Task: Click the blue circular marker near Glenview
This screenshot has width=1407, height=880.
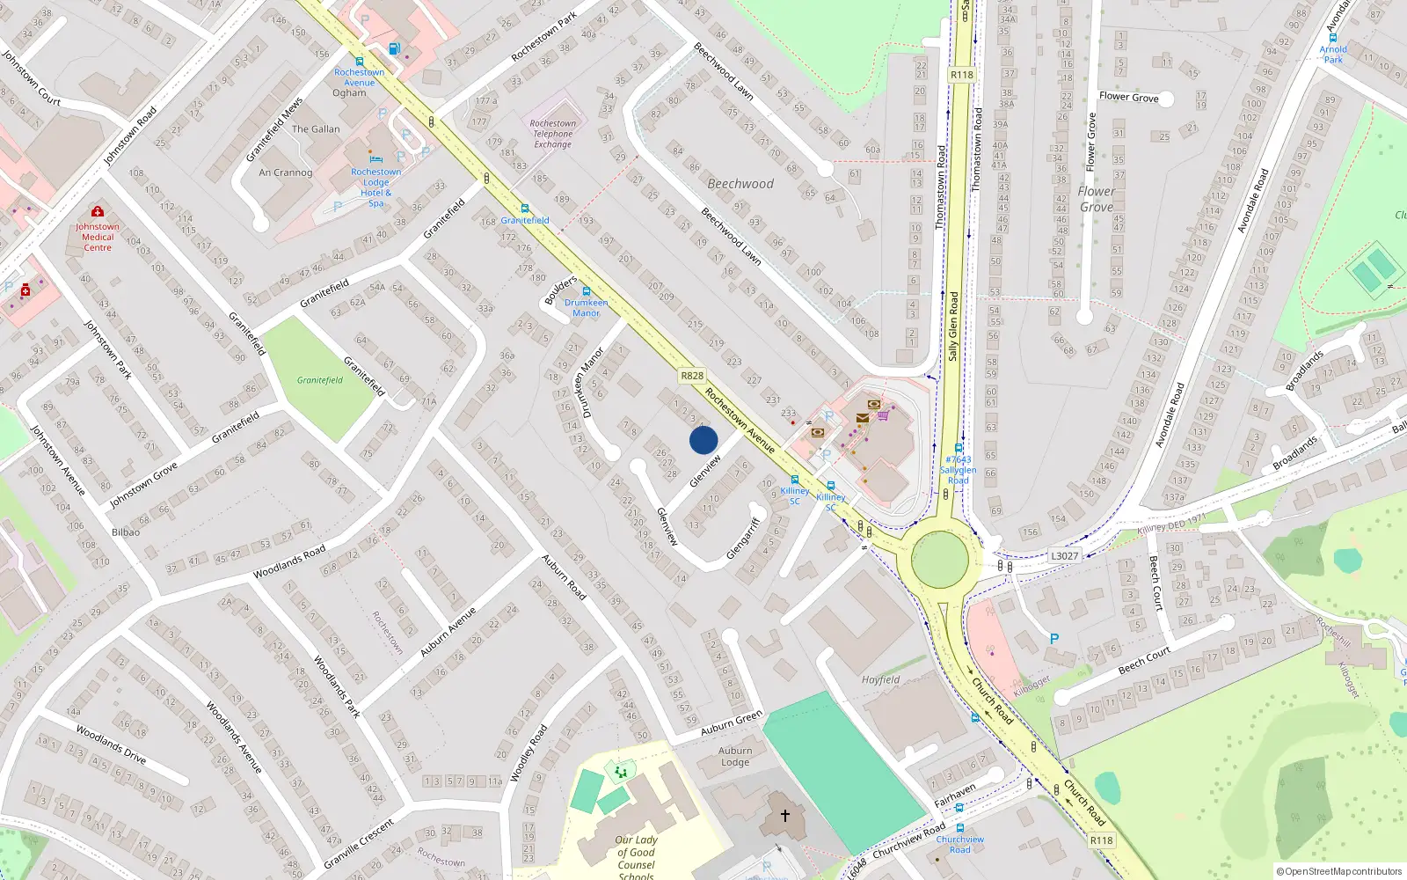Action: click(x=703, y=440)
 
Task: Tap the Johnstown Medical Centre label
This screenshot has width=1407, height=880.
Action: click(x=98, y=237)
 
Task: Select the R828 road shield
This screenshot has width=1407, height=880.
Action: click(x=692, y=376)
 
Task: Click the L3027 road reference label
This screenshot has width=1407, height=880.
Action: click(x=1064, y=555)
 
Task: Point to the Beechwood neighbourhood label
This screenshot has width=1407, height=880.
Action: click(x=740, y=184)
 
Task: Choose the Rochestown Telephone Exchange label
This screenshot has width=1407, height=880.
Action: click(x=552, y=134)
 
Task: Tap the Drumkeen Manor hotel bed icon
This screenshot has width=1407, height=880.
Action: click(x=586, y=291)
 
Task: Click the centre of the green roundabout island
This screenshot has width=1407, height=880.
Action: click(x=940, y=558)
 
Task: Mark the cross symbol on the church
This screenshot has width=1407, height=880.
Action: click(x=785, y=815)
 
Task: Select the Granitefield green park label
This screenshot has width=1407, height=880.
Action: click(x=319, y=380)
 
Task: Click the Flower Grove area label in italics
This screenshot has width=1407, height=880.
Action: click(x=1096, y=199)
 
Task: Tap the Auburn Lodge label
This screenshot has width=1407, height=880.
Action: click(x=735, y=757)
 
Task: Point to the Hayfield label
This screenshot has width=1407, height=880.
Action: click(x=880, y=679)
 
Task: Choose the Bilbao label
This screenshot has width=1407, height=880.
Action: click(x=126, y=532)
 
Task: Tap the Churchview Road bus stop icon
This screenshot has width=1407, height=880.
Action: click(x=960, y=828)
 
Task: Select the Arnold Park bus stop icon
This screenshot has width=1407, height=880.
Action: click(x=1334, y=39)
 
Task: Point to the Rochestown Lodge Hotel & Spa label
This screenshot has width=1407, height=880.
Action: click(x=375, y=187)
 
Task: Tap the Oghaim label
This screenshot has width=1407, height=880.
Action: click(x=349, y=92)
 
